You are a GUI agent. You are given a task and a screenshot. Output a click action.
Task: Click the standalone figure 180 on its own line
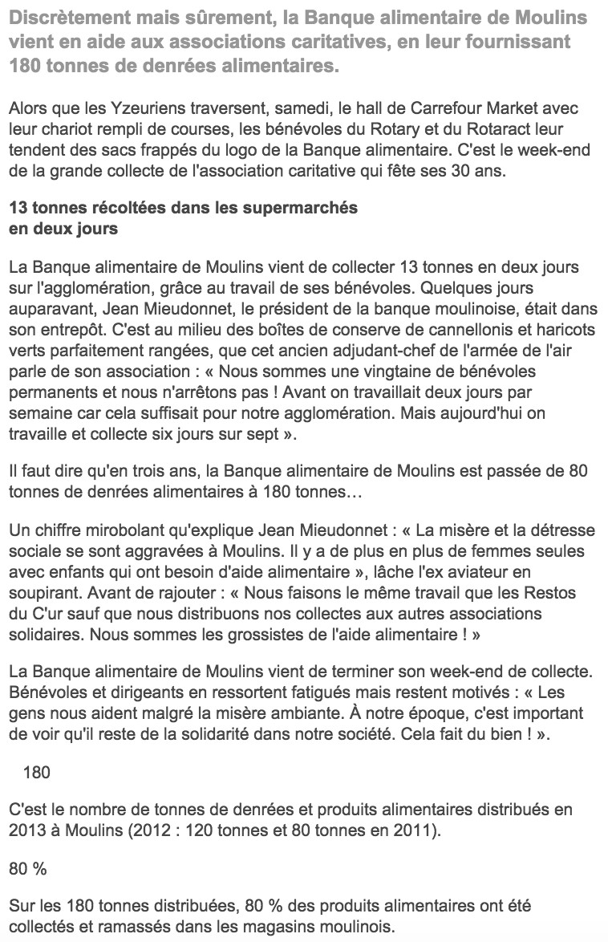[x=37, y=773]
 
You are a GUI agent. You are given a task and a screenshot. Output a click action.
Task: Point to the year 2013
[x=27, y=830]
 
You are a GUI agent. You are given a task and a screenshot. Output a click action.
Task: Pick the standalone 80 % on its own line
[x=26, y=868]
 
